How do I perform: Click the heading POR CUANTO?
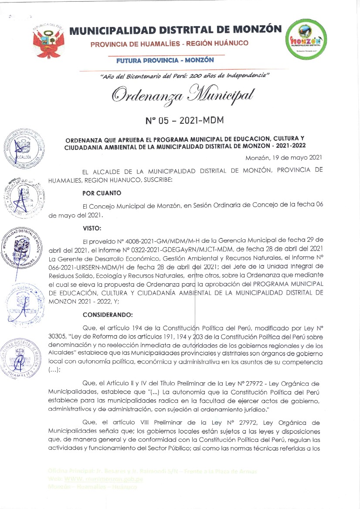pyautogui.click(x=102, y=193)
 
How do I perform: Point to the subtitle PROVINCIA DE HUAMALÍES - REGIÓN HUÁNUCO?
pyautogui.click(x=170, y=44)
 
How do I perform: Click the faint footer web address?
pyautogui.click(x=96, y=479)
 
